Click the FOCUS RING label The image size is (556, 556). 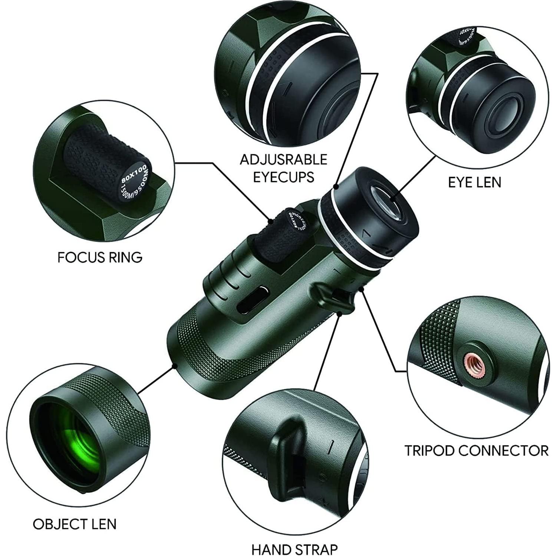pyautogui.click(x=100, y=257)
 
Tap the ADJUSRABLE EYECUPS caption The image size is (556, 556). pyautogui.click(x=283, y=168)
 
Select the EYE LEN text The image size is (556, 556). pyautogui.click(x=474, y=182)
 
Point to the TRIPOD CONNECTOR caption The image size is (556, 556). pyautogui.click(x=476, y=450)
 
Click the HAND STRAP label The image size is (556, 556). pyautogui.click(x=295, y=549)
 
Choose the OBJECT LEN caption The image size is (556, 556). pyautogui.click(x=75, y=524)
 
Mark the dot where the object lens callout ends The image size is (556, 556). pyautogui.click(x=174, y=366)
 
